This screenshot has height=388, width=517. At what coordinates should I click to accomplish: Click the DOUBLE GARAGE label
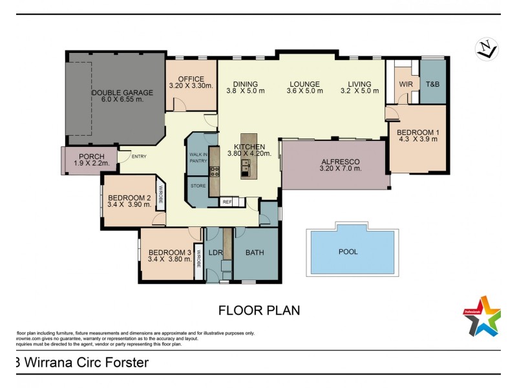pos(117,92)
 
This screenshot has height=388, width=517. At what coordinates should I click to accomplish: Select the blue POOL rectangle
pos(352,252)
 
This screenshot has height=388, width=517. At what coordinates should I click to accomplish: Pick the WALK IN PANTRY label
pos(198,158)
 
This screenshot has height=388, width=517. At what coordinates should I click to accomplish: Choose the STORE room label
pos(198,186)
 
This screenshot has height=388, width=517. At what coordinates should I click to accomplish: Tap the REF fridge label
pos(227,202)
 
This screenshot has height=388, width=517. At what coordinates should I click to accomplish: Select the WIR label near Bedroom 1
pos(406,84)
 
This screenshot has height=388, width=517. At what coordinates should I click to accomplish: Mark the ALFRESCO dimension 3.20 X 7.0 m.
pos(340,169)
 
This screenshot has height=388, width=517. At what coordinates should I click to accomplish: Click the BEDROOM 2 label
pos(129,198)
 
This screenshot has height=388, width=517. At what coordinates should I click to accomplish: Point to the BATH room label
pos(255,252)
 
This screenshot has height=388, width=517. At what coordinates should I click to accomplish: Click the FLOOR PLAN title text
pos(259,310)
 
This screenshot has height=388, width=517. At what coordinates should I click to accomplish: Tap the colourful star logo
pos(481,316)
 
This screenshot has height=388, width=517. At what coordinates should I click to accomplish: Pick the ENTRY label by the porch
pos(138,156)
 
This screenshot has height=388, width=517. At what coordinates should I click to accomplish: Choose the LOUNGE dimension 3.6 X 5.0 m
pos(304,91)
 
